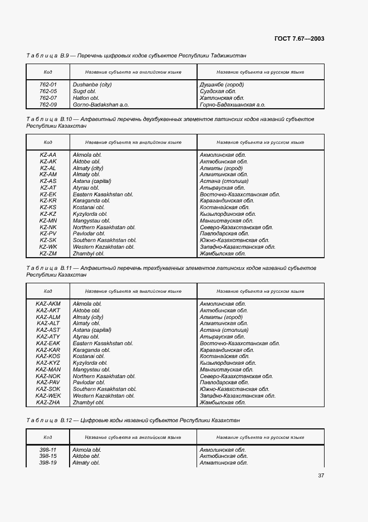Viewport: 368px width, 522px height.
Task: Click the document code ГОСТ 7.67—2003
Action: (x=299, y=38)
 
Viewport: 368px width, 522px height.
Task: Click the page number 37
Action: (x=321, y=476)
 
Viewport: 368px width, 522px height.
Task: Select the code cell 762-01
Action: (x=48, y=85)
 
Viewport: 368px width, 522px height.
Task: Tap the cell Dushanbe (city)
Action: (x=92, y=85)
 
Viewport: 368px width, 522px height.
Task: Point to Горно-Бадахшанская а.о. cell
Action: (x=232, y=104)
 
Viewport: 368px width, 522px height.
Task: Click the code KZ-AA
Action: (x=48, y=154)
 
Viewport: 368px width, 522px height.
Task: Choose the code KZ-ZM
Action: (x=48, y=253)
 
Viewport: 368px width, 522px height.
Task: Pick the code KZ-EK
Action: (x=48, y=194)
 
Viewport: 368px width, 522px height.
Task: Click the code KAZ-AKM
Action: (x=48, y=304)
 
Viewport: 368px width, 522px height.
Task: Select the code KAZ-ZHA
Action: (x=48, y=402)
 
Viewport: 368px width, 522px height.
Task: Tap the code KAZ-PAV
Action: (x=48, y=383)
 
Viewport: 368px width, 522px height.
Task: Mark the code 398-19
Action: (x=48, y=463)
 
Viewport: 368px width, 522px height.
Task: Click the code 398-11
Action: (x=48, y=449)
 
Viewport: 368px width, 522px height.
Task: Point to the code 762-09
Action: (x=48, y=104)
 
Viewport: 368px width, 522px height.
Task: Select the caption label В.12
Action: (x=68, y=419)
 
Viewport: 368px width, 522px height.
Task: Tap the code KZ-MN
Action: (x=48, y=220)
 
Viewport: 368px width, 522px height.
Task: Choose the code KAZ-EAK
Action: (x=48, y=343)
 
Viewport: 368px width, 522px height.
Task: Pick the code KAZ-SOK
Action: (x=48, y=389)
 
